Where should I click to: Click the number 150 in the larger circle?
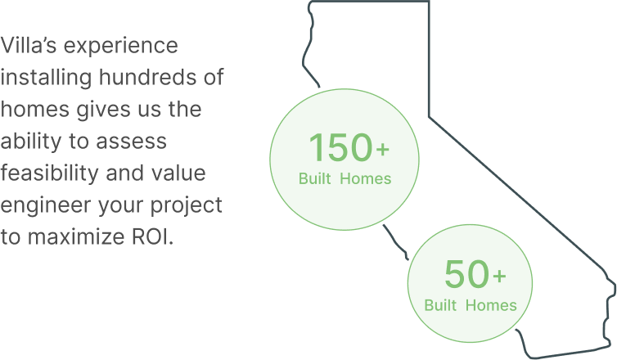click(x=340, y=147)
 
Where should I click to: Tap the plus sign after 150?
click(x=382, y=149)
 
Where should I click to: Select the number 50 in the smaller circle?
click(x=466, y=273)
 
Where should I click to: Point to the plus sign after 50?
click(x=499, y=276)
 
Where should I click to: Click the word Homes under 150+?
click(x=366, y=178)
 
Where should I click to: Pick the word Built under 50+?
click(x=440, y=305)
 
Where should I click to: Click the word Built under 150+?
click(x=315, y=178)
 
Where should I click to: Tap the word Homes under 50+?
click(x=491, y=305)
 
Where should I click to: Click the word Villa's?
click(x=29, y=45)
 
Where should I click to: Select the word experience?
click(x=121, y=47)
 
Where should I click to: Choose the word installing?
click(x=46, y=78)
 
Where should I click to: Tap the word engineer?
click(x=46, y=205)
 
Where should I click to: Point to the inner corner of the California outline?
click(x=429, y=116)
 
